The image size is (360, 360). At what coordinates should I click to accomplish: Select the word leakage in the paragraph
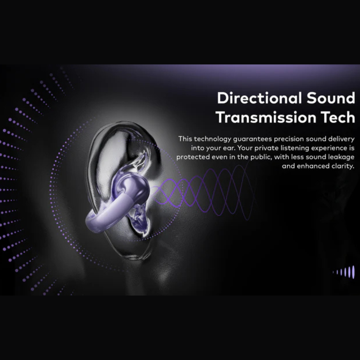point(341,157)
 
